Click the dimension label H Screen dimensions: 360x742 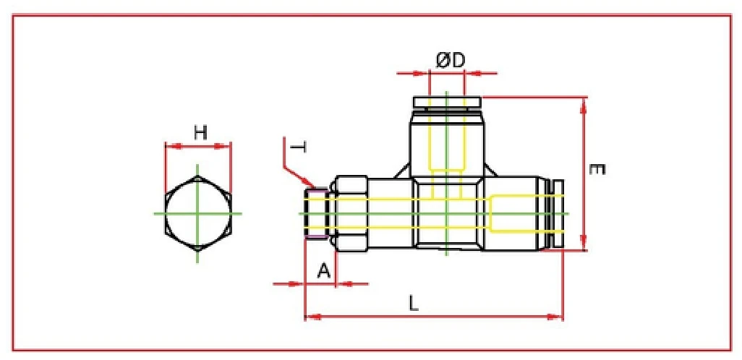tap(200, 132)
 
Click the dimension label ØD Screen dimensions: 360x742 tap(449, 61)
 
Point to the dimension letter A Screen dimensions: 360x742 tap(324, 271)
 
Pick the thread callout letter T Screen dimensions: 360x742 tap(297, 148)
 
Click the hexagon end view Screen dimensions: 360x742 tap(198, 213)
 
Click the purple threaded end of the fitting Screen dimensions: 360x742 tap(316, 213)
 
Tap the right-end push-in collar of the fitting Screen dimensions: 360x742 tap(556, 213)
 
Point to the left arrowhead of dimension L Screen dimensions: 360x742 tap(308, 316)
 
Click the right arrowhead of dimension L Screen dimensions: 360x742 tap(560, 316)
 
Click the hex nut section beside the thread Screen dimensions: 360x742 tap(351, 213)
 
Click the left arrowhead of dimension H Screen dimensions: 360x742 tap(169, 147)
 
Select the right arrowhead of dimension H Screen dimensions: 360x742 tap(228, 147)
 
